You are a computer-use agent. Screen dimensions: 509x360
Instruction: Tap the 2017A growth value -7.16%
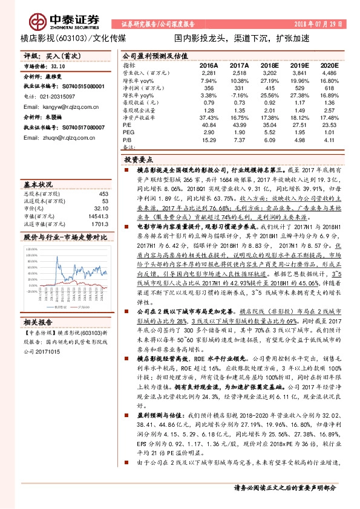pos(240,96)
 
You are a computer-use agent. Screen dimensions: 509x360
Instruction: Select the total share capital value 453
pos(105,193)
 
